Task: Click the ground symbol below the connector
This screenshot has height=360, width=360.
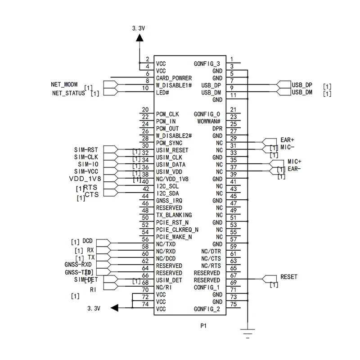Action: coord(247,332)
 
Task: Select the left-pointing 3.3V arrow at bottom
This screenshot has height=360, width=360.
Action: coord(115,308)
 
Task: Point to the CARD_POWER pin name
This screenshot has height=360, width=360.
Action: coord(174,78)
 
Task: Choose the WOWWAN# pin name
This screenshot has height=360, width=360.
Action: coord(209,121)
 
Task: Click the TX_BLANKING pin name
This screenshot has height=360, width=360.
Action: coord(174,215)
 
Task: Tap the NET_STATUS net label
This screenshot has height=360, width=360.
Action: coord(68,93)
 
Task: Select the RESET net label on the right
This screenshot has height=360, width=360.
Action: coord(288,277)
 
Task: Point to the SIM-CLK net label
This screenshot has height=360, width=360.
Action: coord(86,157)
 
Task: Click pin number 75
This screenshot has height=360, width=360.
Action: coord(233,305)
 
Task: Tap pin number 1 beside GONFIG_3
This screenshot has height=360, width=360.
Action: coord(232,59)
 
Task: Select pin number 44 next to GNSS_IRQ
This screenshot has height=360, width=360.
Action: coord(145,197)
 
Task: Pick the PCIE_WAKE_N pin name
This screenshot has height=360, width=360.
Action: coord(174,237)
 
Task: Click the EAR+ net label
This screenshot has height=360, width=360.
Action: coord(287,140)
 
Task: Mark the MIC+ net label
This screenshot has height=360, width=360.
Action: coord(294,161)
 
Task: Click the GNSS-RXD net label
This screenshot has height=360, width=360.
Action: coord(78,265)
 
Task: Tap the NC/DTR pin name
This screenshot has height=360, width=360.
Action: coord(211,251)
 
